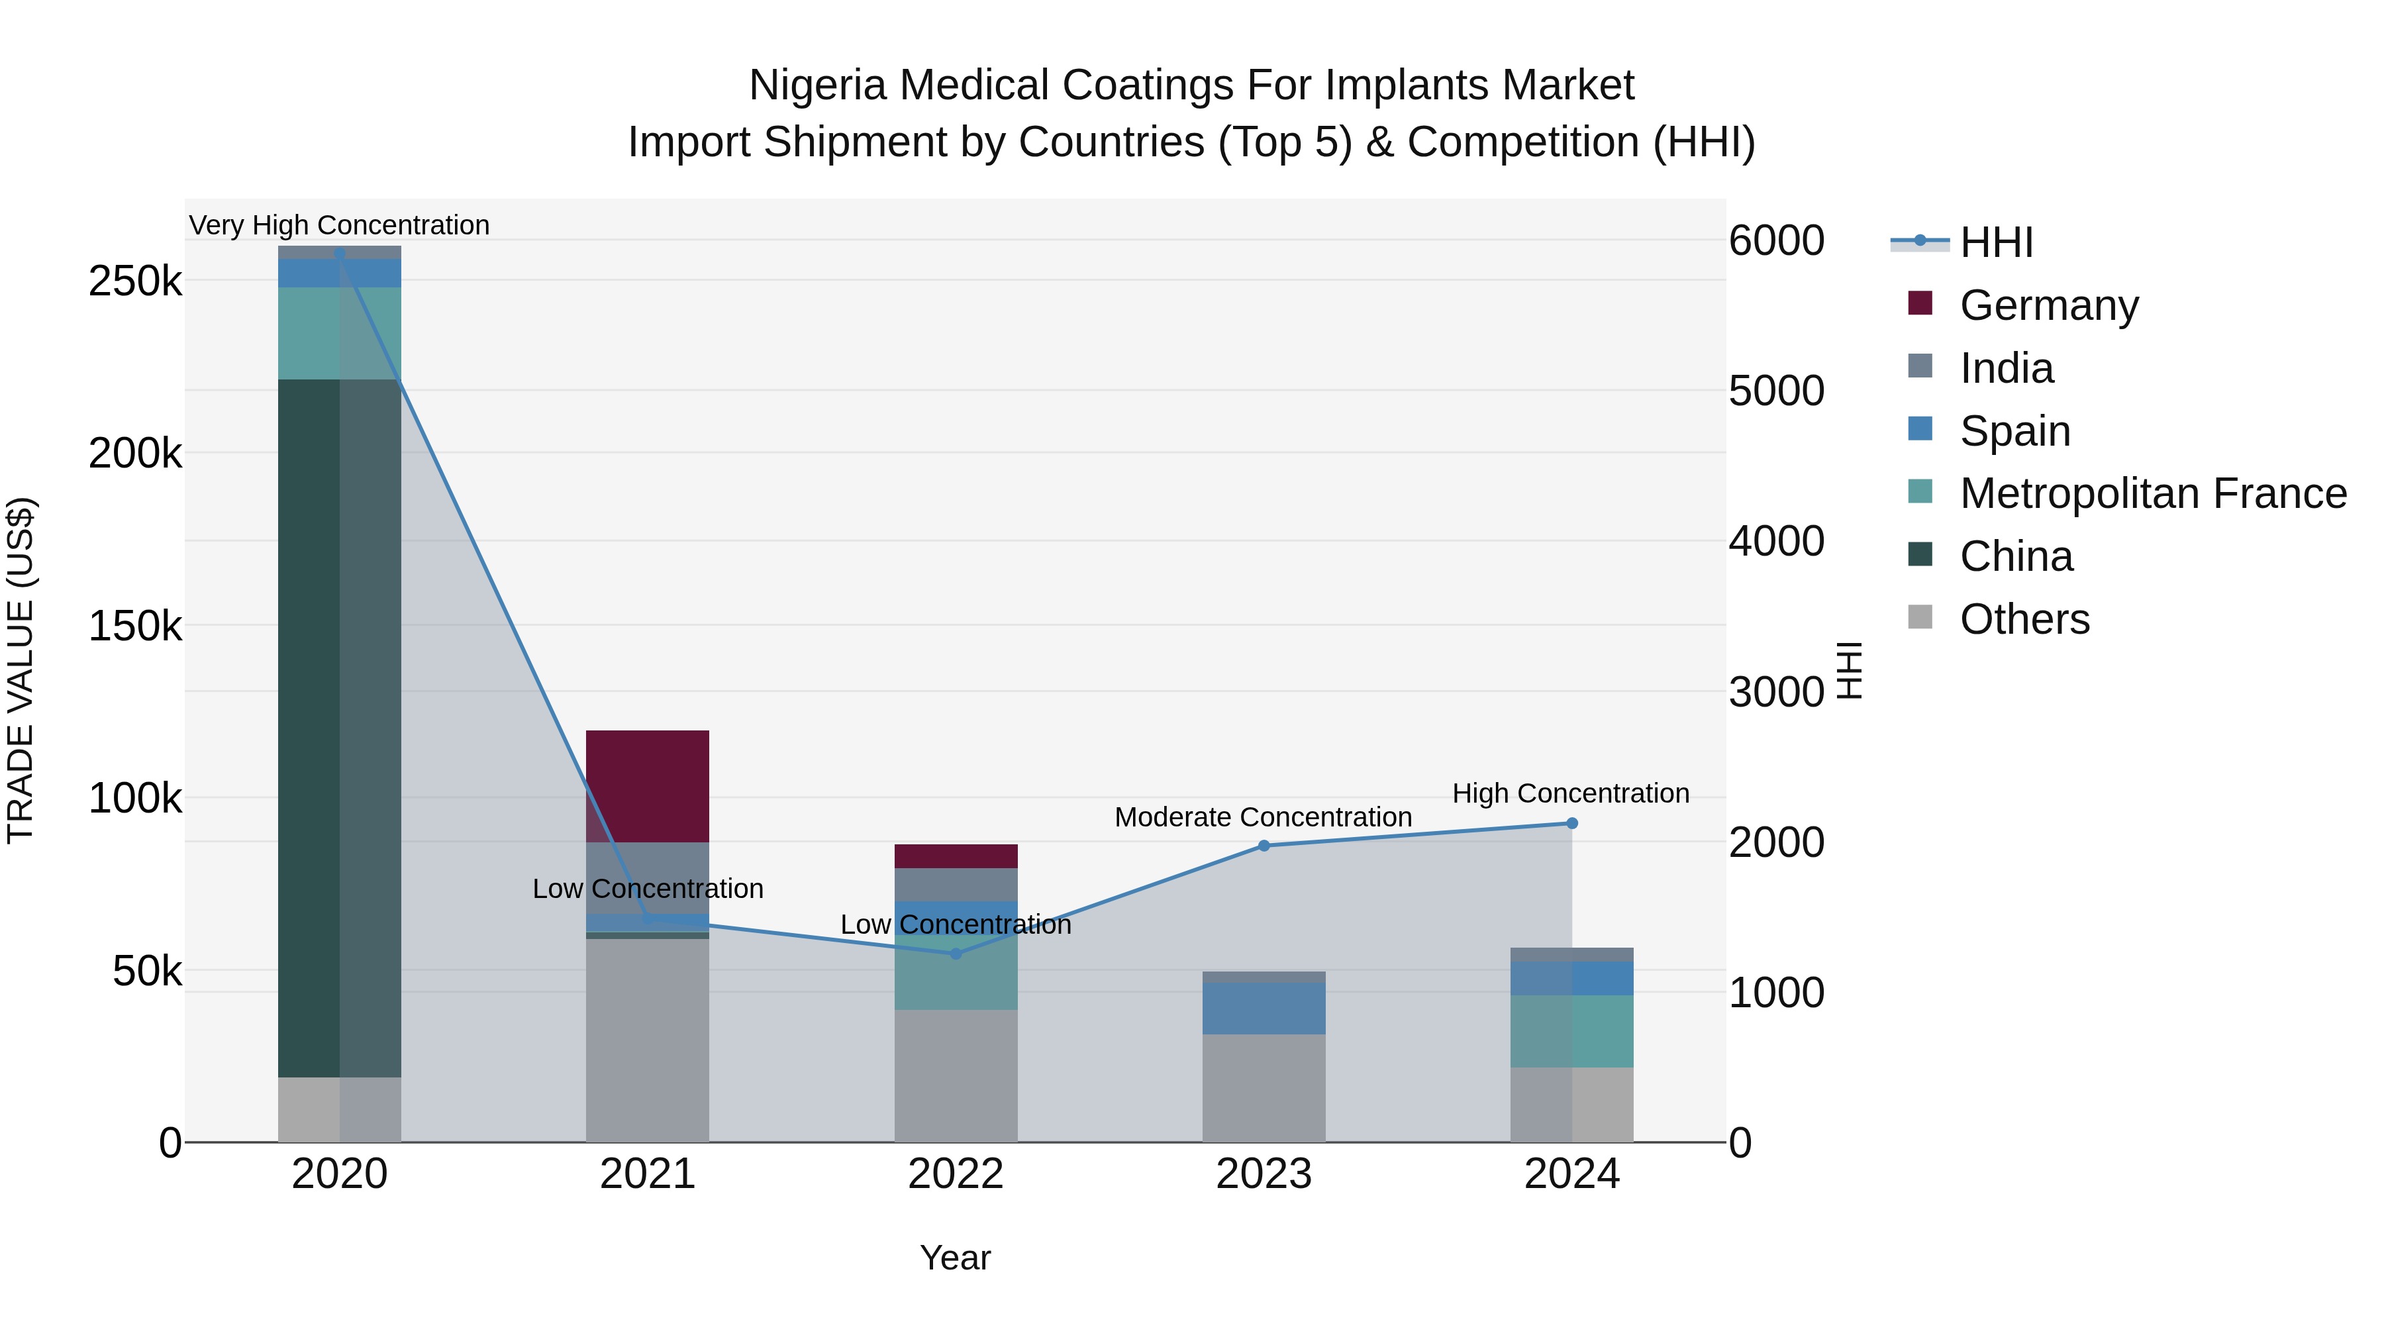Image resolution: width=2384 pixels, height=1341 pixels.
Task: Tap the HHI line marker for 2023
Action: pyautogui.click(x=1264, y=845)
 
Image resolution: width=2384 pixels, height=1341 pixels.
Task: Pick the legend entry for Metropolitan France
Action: pyautogui.click(x=2153, y=493)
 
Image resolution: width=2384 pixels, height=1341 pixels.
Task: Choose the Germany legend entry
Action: pyautogui.click(x=2048, y=305)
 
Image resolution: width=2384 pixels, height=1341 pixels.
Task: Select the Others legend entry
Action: pyautogui.click(x=2024, y=619)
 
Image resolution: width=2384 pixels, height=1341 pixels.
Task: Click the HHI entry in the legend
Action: pyautogui.click(x=1995, y=242)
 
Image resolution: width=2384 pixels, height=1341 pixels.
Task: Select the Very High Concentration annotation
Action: pyautogui.click(x=338, y=225)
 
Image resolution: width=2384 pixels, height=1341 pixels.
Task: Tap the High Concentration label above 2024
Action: pyautogui.click(x=1571, y=793)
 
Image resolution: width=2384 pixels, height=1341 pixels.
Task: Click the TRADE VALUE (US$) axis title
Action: pyautogui.click(x=21, y=670)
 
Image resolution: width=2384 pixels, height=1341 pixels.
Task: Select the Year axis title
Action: pyautogui.click(x=955, y=1258)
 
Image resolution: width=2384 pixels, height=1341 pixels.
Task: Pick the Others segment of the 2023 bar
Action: pyautogui.click(x=1264, y=1087)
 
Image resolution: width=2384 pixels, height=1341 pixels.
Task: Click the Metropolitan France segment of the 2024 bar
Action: pyautogui.click(x=1571, y=1031)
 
